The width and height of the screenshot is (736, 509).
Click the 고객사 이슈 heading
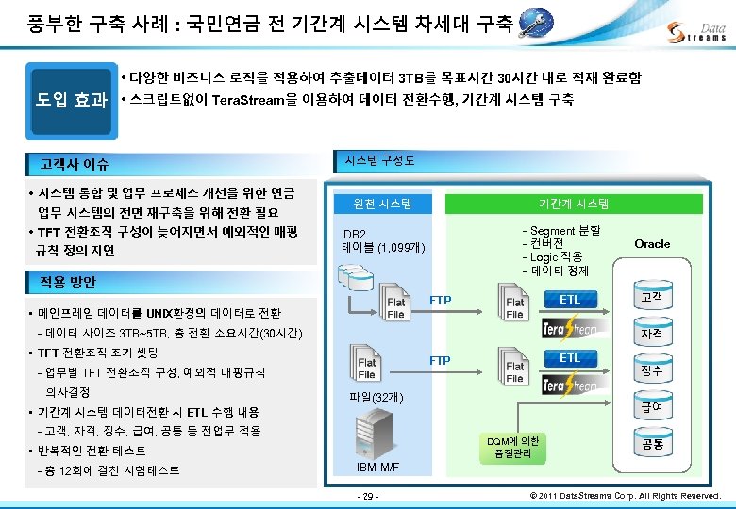point(75,164)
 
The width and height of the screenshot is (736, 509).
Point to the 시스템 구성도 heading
point(380,158)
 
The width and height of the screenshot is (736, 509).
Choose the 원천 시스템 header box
point(380,204)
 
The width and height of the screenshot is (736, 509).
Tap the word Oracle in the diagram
point(652,243)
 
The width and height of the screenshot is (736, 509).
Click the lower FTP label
point(440,361)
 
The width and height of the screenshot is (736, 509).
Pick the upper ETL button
point(570,300)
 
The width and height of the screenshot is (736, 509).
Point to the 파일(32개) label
point(376,398)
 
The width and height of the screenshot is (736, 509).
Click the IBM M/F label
point(378,468)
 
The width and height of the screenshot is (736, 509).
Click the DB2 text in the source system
point(355,234)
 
